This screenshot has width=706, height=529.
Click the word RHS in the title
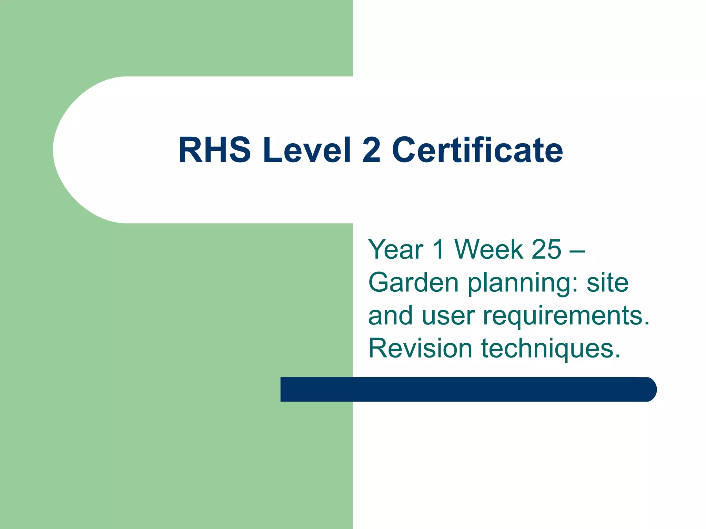214,150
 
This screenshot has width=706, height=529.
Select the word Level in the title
307,150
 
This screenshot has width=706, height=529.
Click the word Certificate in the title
477,150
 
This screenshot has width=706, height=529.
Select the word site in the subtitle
607,282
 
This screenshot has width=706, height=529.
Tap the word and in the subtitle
390,315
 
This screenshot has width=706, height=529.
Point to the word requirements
565,316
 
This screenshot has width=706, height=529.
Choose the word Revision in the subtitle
420,348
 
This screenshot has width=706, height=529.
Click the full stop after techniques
617,356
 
